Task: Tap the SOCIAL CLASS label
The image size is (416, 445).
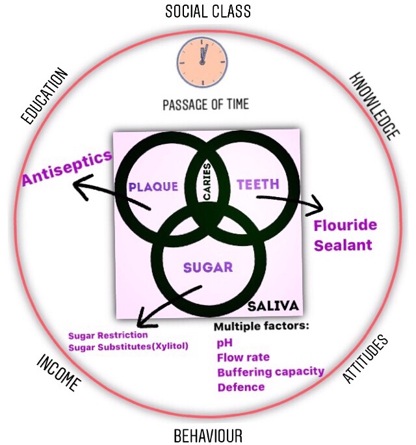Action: coord(207,11)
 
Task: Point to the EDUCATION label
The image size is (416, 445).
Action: coord(45,96)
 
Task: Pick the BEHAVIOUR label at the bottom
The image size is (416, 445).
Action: coord(208,435)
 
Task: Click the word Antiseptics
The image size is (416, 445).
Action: coord(67,169)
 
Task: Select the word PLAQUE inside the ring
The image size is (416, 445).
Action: coord(153,186)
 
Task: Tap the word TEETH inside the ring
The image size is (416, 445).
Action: coord(258,185)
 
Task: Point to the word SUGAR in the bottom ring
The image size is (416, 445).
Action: coord(207,267)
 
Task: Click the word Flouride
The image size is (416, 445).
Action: coord(345,226)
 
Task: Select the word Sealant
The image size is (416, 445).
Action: coord(343,245)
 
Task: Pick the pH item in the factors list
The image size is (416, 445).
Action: coord(224,342)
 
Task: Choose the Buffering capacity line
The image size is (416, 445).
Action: coord(270,371)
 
